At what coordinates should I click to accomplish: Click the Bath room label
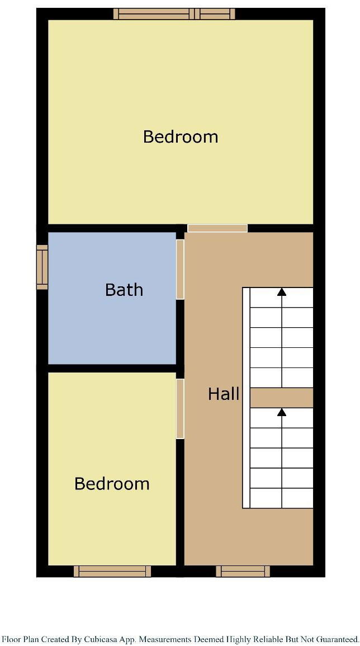[124, 290]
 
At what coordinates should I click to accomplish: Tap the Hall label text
[224, 394]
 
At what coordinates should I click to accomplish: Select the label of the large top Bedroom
[181, 136]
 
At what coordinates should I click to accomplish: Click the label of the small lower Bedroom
[112, 484]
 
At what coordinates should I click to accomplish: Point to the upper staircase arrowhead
[282, 291]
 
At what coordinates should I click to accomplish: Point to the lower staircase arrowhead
[282, 412]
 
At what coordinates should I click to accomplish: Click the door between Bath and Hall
[180, 269]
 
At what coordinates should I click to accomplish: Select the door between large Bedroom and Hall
[217, 228]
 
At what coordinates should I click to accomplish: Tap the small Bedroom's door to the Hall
[180, 408]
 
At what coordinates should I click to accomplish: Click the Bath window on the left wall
[42, 267]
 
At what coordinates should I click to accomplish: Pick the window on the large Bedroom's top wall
[174, 14]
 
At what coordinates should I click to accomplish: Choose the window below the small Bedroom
[112, 571]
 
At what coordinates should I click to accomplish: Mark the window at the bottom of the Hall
[243, 571]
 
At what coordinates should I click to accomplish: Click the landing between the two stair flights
[281, 398]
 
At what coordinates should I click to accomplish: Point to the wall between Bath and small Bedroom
[112, 368]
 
